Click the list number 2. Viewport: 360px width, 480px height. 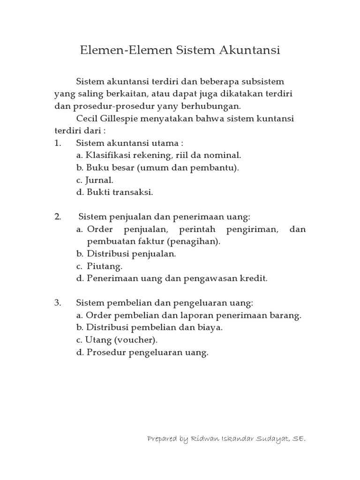[58, 217]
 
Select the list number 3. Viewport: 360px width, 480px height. [58, 303]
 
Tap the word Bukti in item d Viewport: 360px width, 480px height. [97, 192]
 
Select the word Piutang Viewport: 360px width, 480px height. [104, 266]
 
